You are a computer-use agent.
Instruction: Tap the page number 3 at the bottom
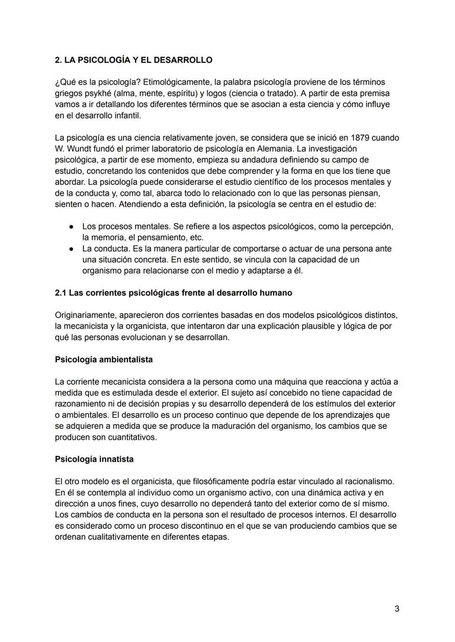pos(397,608)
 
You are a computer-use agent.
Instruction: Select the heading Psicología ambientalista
pos(104,360)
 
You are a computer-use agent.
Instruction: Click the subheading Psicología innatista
pos(94,459)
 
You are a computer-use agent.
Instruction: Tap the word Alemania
pos(275,149)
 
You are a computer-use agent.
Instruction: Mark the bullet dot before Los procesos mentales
pos(72,226)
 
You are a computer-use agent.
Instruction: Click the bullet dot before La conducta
pos(72,249)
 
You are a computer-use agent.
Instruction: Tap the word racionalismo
pos(369,481)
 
